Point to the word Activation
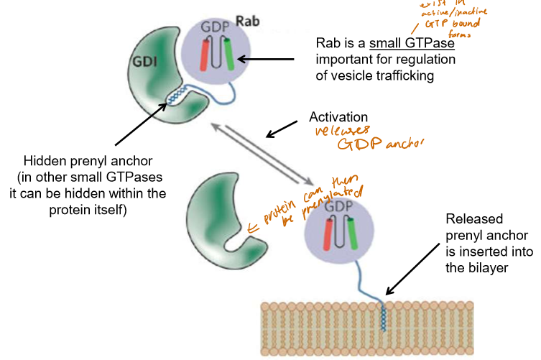338,117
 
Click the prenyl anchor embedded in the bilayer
382,316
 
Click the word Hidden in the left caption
44,162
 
